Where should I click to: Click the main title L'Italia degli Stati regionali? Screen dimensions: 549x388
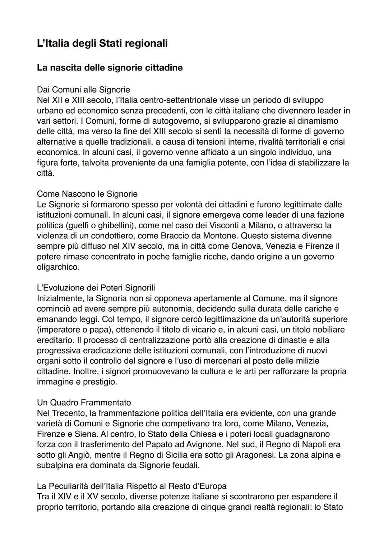(x=102, y=44)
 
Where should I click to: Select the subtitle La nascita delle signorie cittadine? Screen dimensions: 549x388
(x=110, y=68)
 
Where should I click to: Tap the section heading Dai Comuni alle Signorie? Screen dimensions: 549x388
(x=83, y=90)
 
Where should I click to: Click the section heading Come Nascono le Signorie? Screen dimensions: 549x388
(x=87, y=194)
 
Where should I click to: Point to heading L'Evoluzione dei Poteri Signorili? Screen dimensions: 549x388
(x=96, y=288)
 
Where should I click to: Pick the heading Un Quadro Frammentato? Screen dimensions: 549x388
(x=84, y=402)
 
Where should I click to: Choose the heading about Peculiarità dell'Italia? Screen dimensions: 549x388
(x=131, y=486)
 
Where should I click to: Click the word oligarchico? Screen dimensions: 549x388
(x=58, y=267)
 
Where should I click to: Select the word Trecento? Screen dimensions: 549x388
(x=70, y=413)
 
